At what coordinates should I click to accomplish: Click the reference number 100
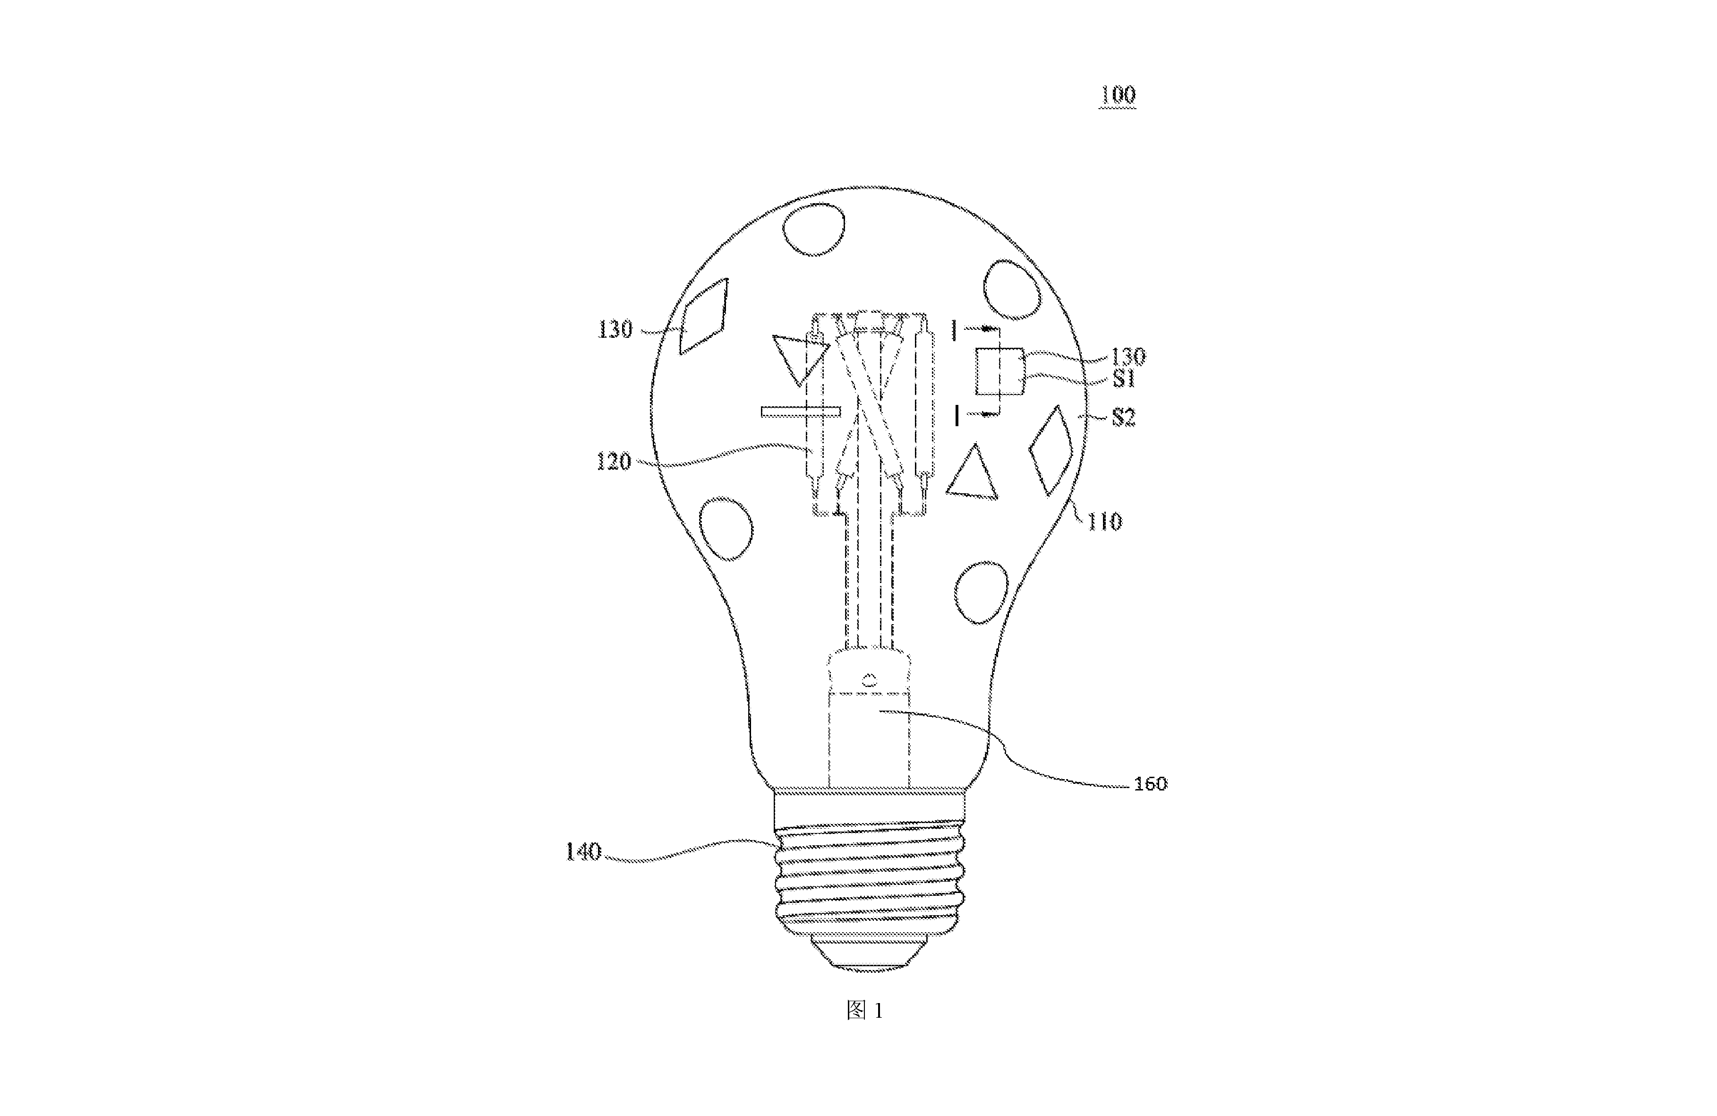(x=1117, y=94)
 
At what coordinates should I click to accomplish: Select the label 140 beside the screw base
(x=583, y=852)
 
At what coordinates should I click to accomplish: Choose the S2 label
(x=1123, y=418)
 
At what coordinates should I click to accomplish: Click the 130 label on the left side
(x=615, y=330)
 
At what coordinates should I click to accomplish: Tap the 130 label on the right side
(x=1128, y=356)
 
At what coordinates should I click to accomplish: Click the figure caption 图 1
(x=864, y=1011)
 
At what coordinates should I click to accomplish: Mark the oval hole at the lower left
(x=726, y=528)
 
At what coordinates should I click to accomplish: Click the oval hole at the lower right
(x=981, y=592)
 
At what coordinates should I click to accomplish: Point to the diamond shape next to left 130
(x=704, y=316)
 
